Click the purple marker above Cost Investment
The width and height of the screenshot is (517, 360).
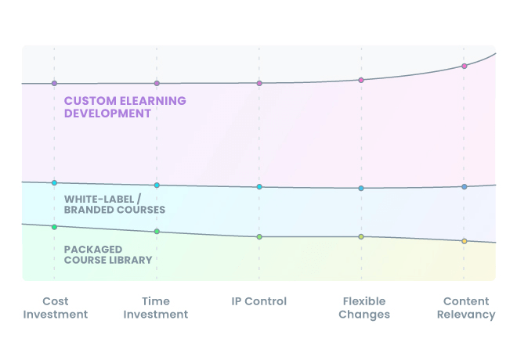point(54,83)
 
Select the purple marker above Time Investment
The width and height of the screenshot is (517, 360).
point(157,83)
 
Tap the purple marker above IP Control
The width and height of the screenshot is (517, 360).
point(259,83)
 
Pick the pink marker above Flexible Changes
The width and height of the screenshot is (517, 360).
point(361,80)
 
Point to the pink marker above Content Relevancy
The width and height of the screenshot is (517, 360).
point(464,66)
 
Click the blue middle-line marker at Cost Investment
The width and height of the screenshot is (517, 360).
point(54,182)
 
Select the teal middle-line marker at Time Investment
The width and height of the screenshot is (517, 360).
point(157,185)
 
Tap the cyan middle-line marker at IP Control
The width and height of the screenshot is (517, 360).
point(259,187)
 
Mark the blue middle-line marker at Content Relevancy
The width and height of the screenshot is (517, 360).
point(464,187)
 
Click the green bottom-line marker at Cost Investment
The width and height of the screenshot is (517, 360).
point(54,227)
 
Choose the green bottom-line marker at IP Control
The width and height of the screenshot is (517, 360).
point(259,236)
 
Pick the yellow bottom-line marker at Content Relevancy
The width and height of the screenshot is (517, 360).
point(464,241)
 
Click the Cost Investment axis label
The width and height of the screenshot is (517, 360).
point(55,308)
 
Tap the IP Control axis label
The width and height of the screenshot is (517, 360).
point(259,301)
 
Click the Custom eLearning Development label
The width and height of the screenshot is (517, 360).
point(125,107)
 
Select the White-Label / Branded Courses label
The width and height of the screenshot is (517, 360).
point(114,204)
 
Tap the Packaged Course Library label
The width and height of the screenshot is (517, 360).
point(108,254)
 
